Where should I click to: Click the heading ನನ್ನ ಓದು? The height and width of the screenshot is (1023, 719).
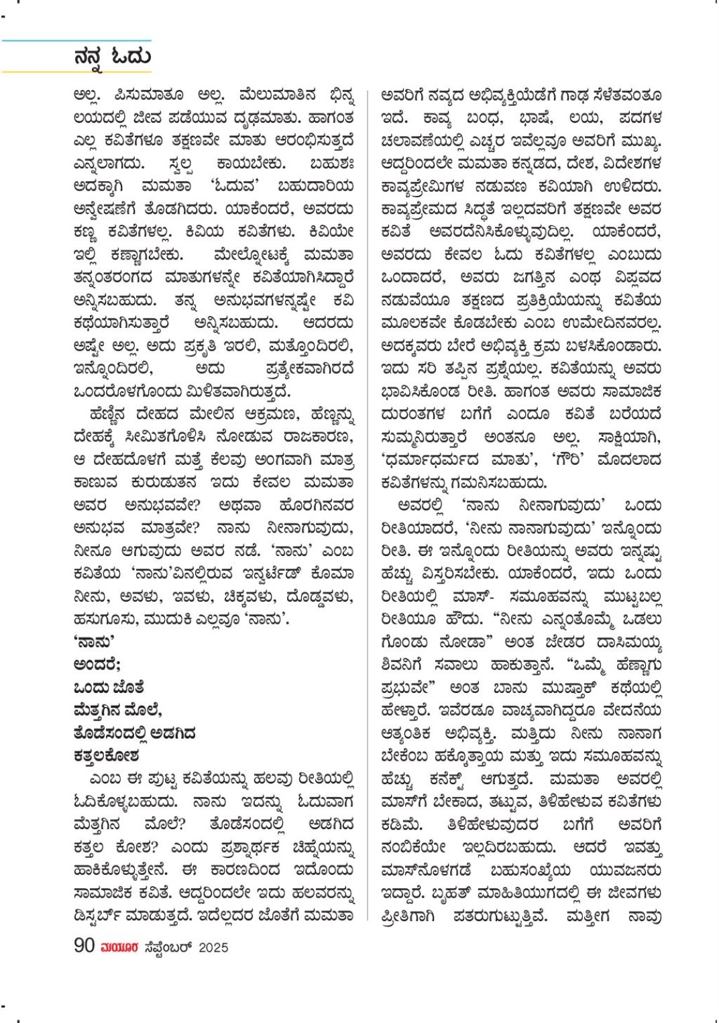(112, 58)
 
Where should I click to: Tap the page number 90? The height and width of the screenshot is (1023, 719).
(84, 946)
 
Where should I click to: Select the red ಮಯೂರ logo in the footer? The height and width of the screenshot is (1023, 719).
(119, 947)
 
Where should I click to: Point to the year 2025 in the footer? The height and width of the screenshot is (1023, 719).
(213, 947)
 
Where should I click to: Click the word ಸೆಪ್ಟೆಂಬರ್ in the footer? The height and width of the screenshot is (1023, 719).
(168, 947)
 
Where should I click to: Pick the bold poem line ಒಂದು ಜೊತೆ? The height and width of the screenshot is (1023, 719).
(109, 688)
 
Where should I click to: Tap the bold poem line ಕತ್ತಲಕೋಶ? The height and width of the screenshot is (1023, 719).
(107, 756)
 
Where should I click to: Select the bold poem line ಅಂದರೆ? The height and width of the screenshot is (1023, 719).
(97, 665)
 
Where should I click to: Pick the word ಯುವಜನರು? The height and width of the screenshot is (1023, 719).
(626, 871)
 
